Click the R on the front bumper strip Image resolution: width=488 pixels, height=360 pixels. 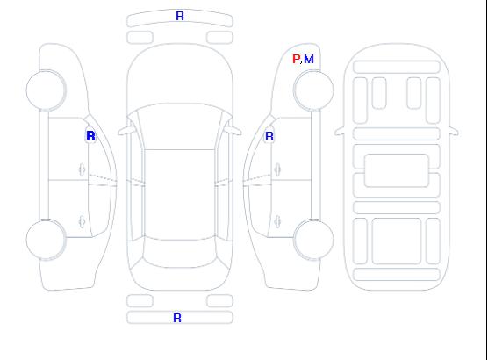[x=180, y=16]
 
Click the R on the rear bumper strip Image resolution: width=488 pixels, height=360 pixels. [x=177, y=318]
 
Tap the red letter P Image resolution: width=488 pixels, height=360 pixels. [x=296, y=59]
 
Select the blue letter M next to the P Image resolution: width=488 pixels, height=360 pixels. [x=309, y=59]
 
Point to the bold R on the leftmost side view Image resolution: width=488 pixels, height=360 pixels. [x=90, y=136]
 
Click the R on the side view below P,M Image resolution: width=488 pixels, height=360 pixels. [x=269, y=136]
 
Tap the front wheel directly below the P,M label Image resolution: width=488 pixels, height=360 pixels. [x=313, y=90]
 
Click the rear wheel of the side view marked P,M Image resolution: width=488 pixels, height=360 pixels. [x=313, y=240]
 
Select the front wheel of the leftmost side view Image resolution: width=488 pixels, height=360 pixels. [x=46, y=90]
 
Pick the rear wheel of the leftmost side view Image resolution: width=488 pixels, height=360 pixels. [x=46, y=240]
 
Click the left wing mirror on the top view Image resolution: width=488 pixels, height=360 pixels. [x=126, y=131]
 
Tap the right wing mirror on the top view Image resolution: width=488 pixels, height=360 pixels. [x=233, y=131]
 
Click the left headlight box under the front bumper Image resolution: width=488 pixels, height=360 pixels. [x=140, y=38]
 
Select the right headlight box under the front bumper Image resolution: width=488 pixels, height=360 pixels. [x=219, y=38]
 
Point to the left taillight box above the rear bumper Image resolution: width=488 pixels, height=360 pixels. [x=140, y=301]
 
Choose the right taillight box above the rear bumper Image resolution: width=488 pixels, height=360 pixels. [x=219, y=301]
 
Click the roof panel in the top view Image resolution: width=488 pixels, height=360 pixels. [x=180, y=195]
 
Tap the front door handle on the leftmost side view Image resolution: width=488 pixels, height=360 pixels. [x=82, y=169]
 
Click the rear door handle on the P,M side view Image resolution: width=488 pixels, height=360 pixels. [x=277, y=222]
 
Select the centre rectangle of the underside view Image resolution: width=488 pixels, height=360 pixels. [x=397, y=170]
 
